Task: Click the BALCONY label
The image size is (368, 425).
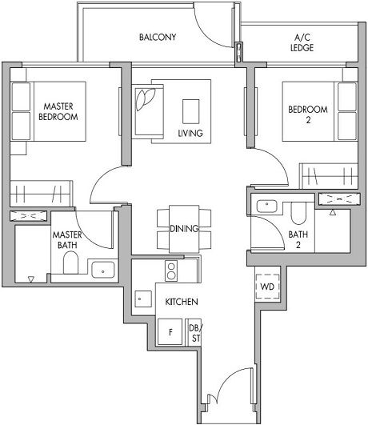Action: pos(157,38)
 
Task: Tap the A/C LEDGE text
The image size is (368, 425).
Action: pos(303,42)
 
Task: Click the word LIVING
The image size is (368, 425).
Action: pos(190,133)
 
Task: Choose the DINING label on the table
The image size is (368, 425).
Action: pos(184,228)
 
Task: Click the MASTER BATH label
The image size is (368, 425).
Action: pos(68,241)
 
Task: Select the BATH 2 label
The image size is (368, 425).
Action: pos(300,239)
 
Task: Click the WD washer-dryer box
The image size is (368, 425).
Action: pos(266,287)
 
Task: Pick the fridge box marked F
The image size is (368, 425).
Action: pos(170,331)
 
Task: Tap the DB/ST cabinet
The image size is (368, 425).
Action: pos(194,332)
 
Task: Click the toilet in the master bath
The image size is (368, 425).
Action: pos(70,265)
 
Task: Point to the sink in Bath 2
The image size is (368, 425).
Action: pos(265,206)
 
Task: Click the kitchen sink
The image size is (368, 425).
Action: pos(142,301)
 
